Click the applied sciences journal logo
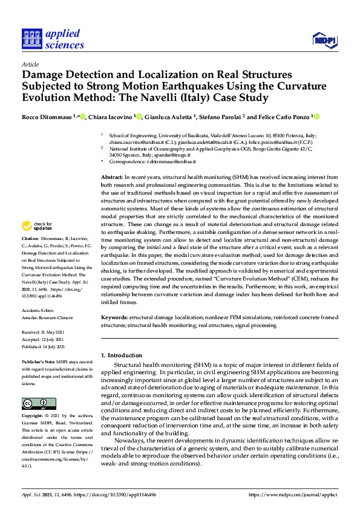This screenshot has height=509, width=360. (53, 37)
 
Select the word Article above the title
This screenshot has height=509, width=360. (30, 64)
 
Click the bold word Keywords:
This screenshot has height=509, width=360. (114, 317)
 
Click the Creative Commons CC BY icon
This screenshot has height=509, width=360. (38, 403)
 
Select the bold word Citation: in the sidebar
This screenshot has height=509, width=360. (32, 256)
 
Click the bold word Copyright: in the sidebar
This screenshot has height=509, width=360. (34, 417)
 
